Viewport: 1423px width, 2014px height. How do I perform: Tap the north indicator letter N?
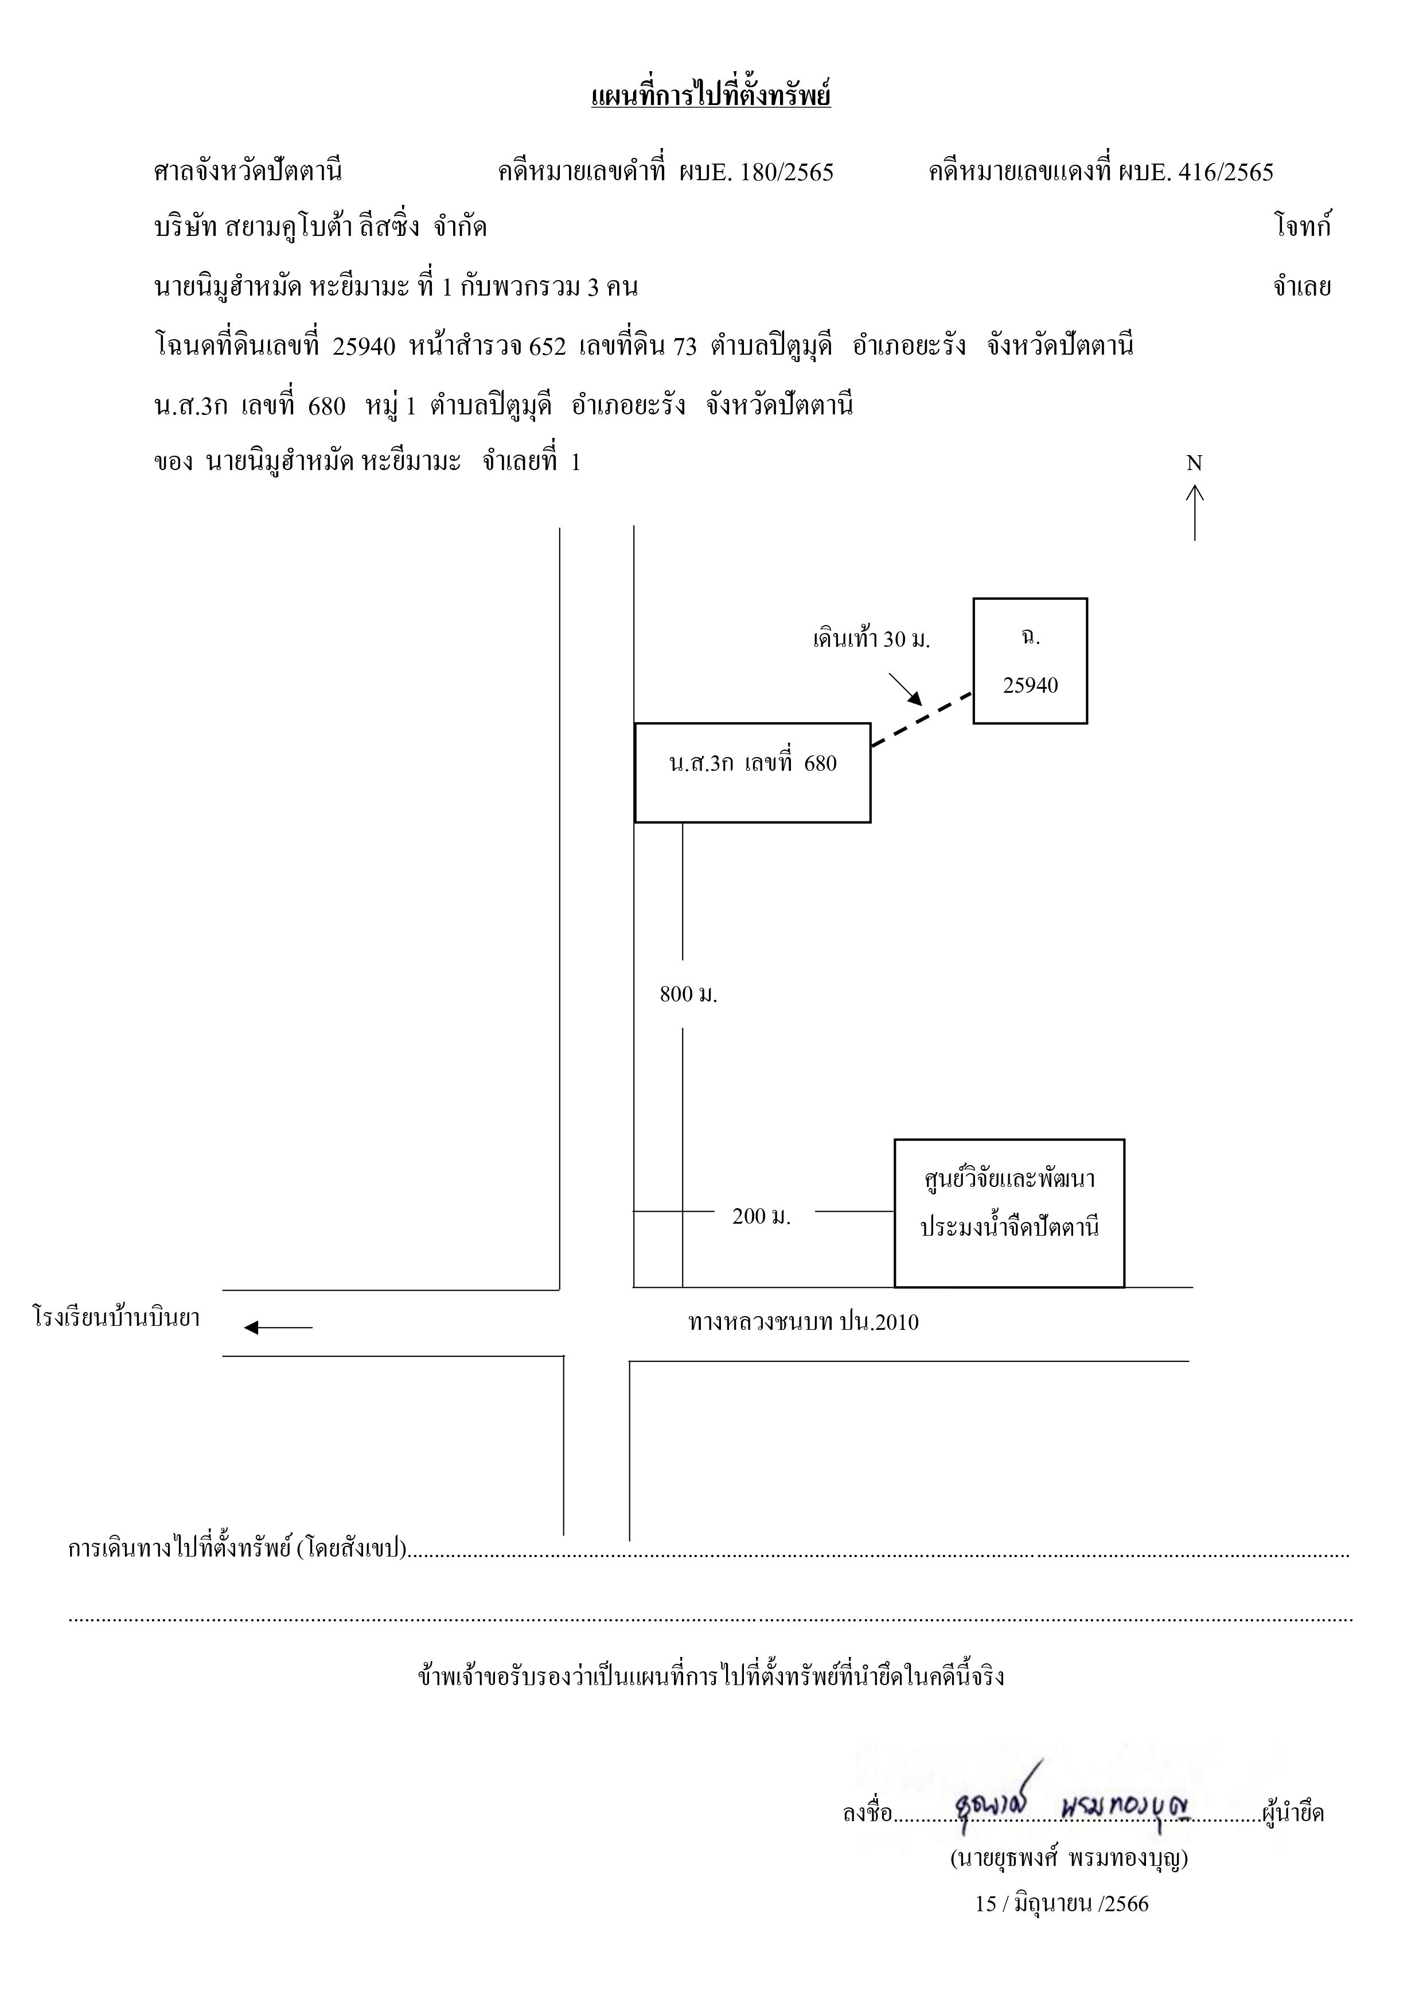1194,463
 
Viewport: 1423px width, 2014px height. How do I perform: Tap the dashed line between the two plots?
922,719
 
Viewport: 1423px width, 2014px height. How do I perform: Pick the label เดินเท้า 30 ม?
871,639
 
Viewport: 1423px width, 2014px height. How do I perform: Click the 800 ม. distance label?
688,995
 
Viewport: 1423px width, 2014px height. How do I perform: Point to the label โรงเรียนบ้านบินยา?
116,1318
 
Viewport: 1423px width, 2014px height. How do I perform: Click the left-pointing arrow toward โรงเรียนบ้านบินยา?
278,1327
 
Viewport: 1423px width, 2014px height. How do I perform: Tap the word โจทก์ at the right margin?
1303,227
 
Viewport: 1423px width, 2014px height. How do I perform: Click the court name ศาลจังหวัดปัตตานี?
248,171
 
